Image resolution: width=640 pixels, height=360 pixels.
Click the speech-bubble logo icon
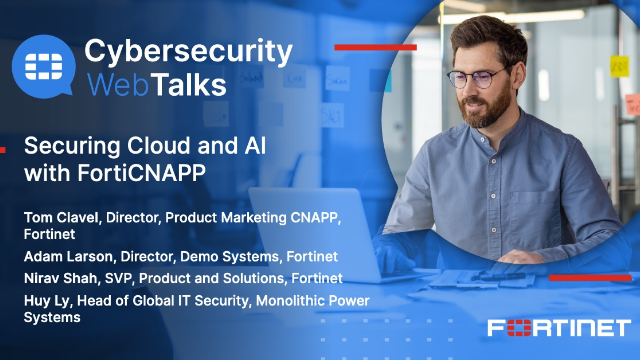tap(44, 67)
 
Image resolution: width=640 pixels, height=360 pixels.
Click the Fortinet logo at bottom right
tap(558, 327)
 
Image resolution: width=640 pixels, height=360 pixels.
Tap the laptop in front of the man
tap(300, 230)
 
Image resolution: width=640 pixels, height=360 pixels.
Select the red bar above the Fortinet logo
tap(590, 277)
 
